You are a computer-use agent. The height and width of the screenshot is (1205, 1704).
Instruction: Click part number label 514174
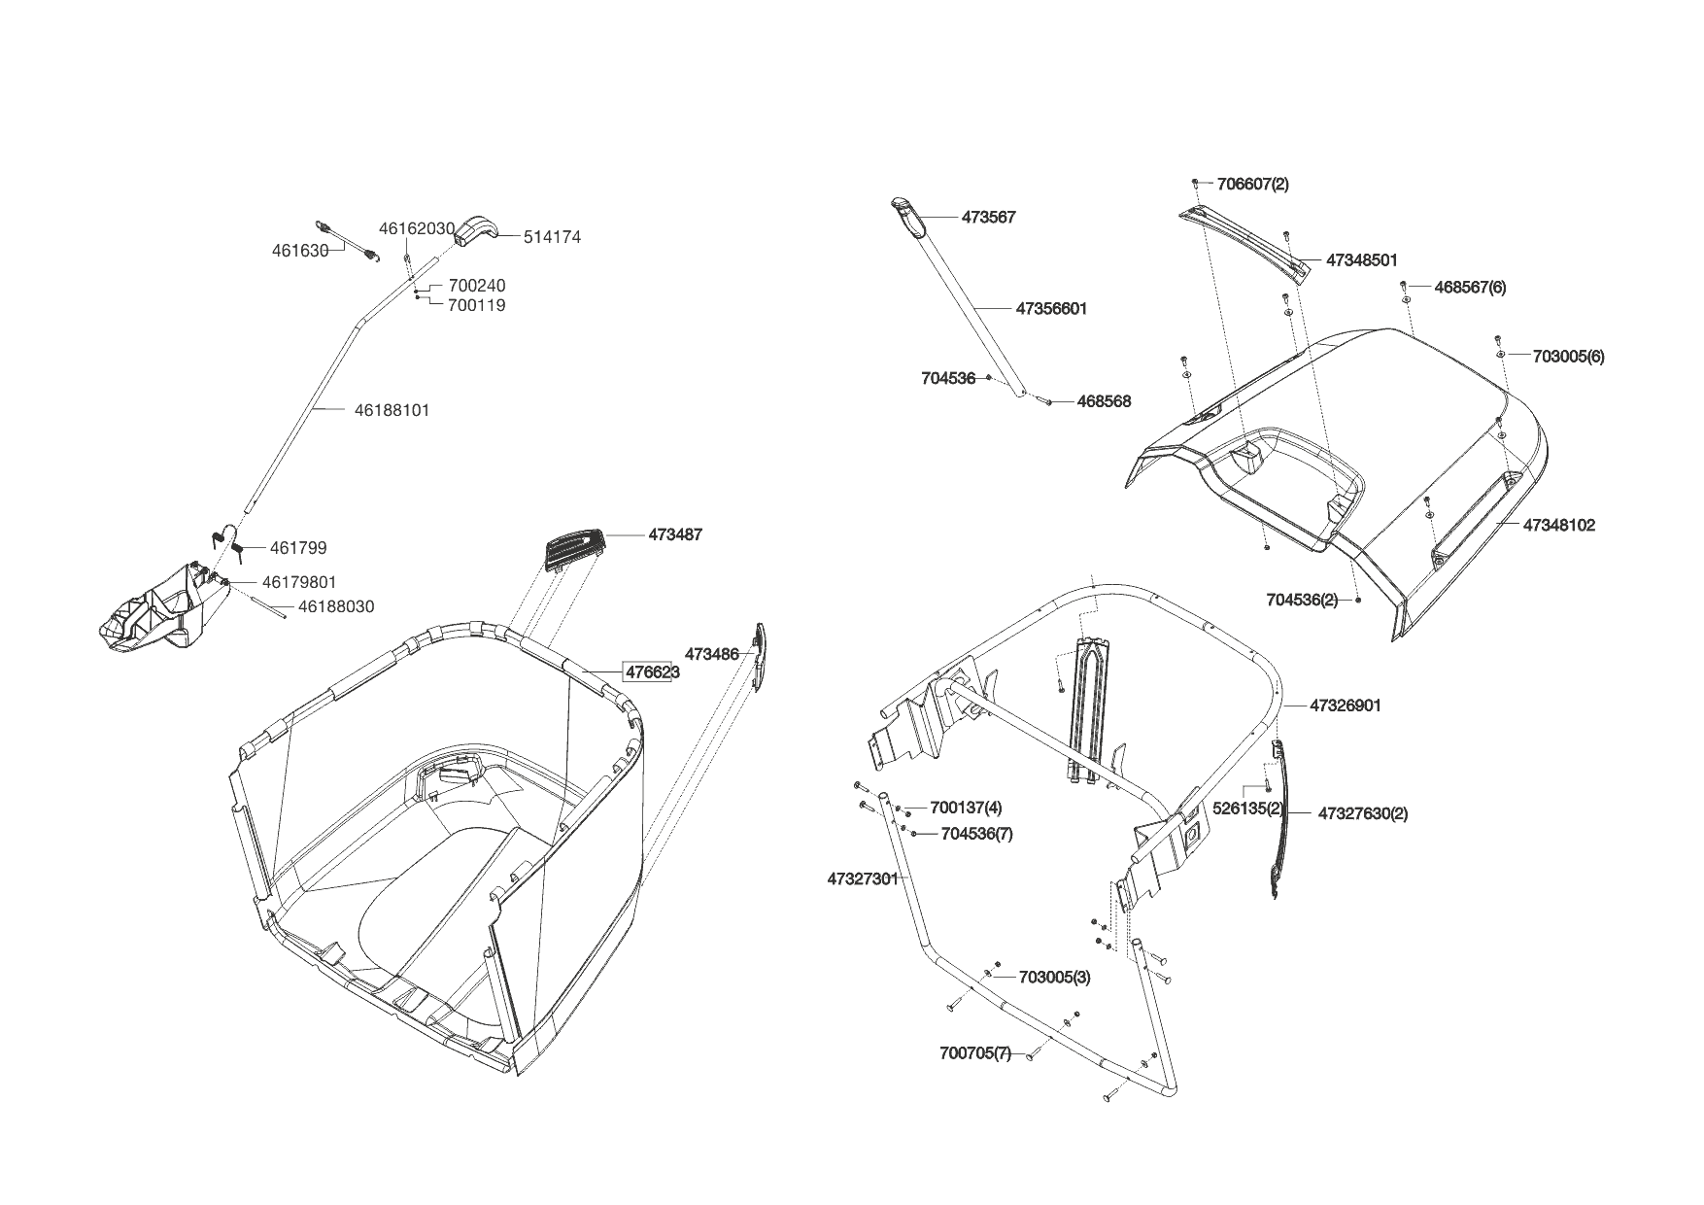(552, 237)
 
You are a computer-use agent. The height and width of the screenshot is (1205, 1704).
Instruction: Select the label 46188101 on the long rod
(392, 410)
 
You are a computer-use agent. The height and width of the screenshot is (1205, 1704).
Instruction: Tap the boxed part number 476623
(651, 672)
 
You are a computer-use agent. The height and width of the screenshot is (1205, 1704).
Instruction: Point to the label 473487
(675, 534)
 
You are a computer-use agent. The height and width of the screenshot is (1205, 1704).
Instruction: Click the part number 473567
(988, 218)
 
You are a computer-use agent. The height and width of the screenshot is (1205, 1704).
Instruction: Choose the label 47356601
(1051, 309)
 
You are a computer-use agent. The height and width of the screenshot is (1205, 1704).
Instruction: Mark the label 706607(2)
(1252, 184)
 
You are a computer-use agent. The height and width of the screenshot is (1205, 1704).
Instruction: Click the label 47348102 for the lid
(1558, 525)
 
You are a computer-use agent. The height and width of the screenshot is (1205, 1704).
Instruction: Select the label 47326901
(1345, 706)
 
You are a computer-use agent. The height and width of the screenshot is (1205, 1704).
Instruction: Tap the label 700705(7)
(974, 1053)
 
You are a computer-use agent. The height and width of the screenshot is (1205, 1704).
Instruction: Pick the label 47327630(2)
(1362, 813)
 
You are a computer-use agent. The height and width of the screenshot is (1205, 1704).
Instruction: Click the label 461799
(298, 548)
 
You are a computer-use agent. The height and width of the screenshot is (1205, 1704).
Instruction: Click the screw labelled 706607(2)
(1196, 183)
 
